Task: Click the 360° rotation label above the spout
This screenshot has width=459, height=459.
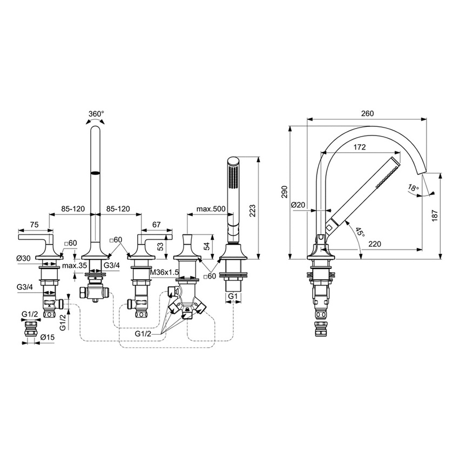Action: (96, 114)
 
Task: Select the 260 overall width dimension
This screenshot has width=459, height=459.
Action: (367, 113)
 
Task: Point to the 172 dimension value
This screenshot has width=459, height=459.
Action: (359, 147)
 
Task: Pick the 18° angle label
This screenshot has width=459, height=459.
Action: (413, 188)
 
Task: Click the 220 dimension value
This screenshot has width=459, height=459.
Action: (375, 244)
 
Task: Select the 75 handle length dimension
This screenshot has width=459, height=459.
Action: (35, 224)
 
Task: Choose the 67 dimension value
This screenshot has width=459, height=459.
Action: (157, 224)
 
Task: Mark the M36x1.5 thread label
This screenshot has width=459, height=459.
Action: (164, 272)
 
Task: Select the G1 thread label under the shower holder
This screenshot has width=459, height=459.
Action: (232, 297)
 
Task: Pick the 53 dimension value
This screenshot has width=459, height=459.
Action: (160, 246)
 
